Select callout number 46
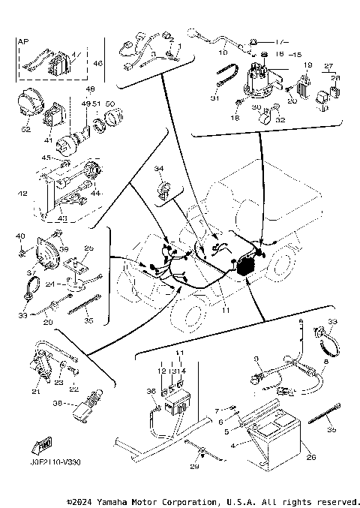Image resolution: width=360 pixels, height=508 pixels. pyautogui.click(x=98, y=65)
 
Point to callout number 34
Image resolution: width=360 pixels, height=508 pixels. pyautogui.click(x=159, y=169)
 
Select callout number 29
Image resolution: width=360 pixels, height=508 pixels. pyautogui.click(x=195, y=467)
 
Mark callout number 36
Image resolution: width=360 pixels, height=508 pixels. pyautogui.click(x=151, y=391)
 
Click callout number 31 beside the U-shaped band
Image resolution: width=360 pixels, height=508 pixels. pyautogui.click(x=213, y=98)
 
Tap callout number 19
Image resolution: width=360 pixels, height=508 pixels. pyautogui.click(x=307, y=66)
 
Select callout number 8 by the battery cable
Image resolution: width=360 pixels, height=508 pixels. pyautogui.click(x=325, y=362)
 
